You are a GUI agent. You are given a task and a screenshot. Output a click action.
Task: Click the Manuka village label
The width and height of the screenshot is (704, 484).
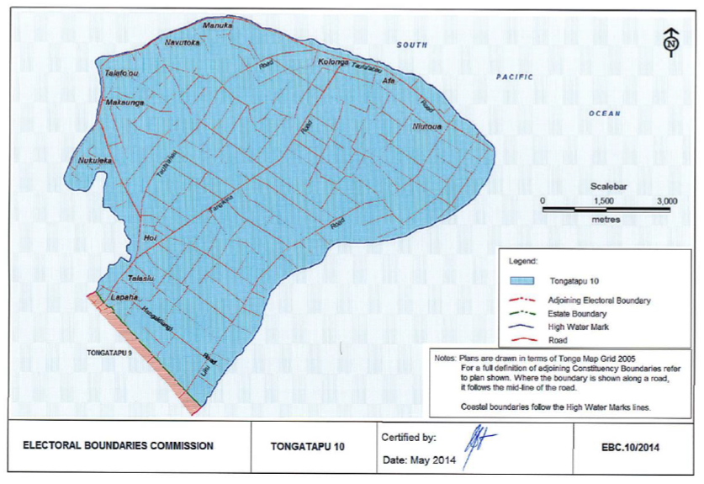pyautogui.click(x=218, y=25)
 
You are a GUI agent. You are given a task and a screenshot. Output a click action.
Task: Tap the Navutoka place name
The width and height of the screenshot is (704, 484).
pyautogui.click(x=183, y=41)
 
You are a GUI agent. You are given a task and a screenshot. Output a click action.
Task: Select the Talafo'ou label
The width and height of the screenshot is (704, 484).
pyautogui.click(x=120, y=73)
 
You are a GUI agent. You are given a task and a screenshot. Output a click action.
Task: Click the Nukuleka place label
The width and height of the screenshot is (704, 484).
pyautogui.click(x=93, y=159)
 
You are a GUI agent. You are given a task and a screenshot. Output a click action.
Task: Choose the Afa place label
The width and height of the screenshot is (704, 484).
pyautogui.click(x=389, y=81)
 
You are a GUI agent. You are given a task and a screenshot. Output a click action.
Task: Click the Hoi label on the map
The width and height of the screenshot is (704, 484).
pyautogui.click(x=151, y=238)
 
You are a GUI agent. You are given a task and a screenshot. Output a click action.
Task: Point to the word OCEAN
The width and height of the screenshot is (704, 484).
pyautogui.click(x=603, y=114)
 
